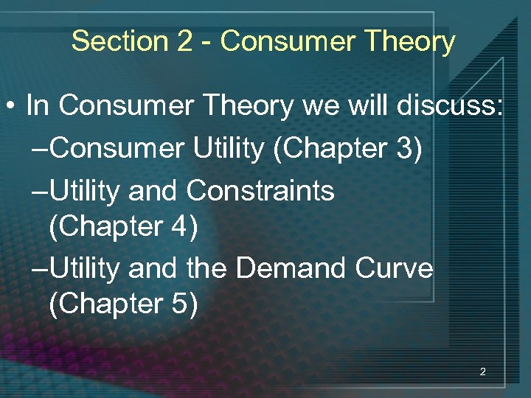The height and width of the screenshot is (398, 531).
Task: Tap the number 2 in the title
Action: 184,41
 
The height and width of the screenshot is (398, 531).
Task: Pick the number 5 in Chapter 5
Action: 181,304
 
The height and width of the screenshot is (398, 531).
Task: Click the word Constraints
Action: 260,191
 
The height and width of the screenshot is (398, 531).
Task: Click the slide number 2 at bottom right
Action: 482,372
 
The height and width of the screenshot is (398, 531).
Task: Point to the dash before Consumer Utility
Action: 41,149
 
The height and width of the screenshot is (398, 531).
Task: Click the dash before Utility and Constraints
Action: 41,191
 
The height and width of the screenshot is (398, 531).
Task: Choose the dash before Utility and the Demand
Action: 41,268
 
